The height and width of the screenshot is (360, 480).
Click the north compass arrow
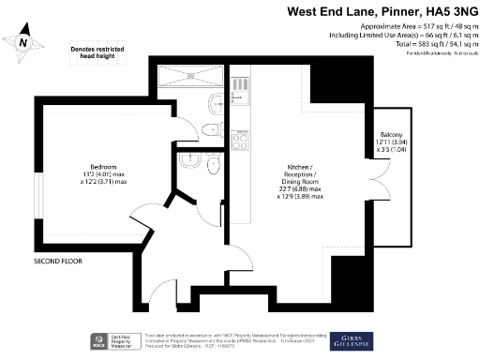pos(24,40)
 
